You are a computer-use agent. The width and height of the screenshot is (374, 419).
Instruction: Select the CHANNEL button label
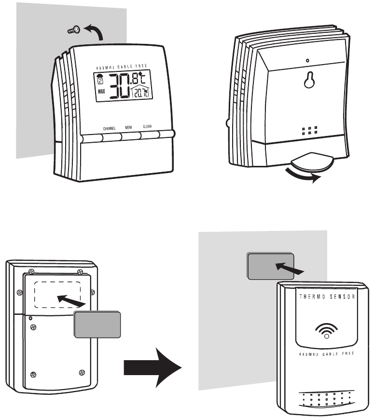point(109,129)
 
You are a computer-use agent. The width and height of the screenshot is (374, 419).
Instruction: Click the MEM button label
point(129,128)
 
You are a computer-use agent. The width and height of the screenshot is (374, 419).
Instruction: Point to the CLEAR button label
point(148,127)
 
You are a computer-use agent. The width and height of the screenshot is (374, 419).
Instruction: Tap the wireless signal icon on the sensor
point(327,331)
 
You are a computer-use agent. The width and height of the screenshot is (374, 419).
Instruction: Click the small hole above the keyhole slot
point(308,61)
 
